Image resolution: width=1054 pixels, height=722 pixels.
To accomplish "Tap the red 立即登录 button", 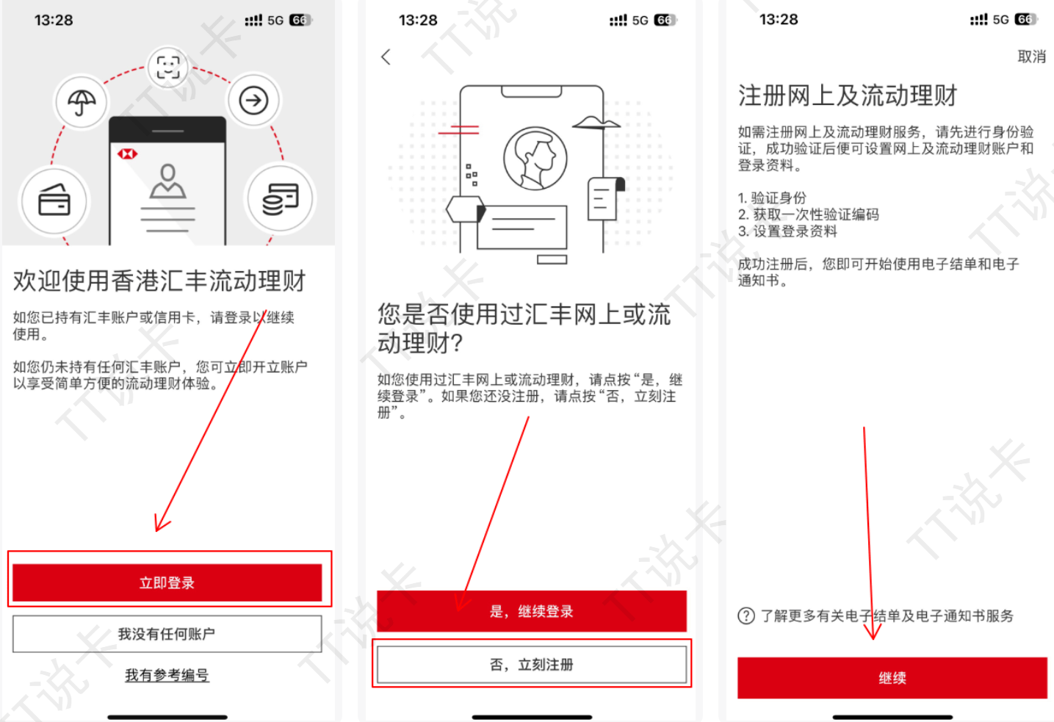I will pyautogui.click(x=167, y=582).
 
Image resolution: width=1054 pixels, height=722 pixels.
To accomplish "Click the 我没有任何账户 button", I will pyautogui.click(x=167, y=634).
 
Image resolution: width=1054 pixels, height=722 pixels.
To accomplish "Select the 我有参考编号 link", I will pyautogui.click(x=167, y=675).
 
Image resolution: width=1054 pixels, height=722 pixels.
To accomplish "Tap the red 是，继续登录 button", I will pyautogui.click(x=531, y=611).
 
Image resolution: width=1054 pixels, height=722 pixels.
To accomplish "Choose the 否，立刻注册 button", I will pyautogui.click(x=531, y=664).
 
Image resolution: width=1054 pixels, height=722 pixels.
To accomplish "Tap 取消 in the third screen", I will pyautogui.click(x=1031, y=57).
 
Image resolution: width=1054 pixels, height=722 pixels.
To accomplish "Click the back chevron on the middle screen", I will pyautogui.click(x=386, y=57).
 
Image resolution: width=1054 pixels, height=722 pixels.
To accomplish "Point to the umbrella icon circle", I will pyautogui.click(x=82, y=102).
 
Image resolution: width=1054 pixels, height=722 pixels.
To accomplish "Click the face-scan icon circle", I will pyautogui.click(x=168, y=68).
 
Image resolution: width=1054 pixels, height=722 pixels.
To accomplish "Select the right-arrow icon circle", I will pyautogui.click(x=253, y=100).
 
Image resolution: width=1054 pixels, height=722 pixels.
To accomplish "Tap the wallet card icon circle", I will pyautogui.click(x=54, y=200).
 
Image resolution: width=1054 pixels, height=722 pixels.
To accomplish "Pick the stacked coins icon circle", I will pyautogui.click(x=280, y=199).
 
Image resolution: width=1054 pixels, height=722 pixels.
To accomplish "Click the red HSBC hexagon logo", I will pyautogui.click(x=127, y=154).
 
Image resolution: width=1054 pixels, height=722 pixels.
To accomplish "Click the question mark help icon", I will pyautogui.click(x=746, y=615).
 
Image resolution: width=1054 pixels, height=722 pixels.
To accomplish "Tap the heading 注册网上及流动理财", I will pyautogui.click(x=848, y=95).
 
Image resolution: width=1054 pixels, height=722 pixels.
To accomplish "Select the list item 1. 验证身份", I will pyautogui.click(x=772, y=198).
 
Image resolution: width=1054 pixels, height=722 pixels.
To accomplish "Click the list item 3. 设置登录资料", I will pyautogui.click(x=787, y=231).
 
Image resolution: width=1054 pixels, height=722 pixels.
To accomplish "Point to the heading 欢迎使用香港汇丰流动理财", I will pyautogui.click(x=159, y=281).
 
